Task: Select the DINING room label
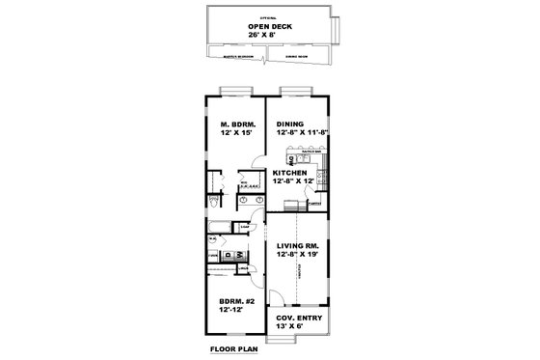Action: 290,125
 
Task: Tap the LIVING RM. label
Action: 298,246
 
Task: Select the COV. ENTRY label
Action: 298,318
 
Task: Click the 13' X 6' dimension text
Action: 298,327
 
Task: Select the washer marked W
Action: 239,254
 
